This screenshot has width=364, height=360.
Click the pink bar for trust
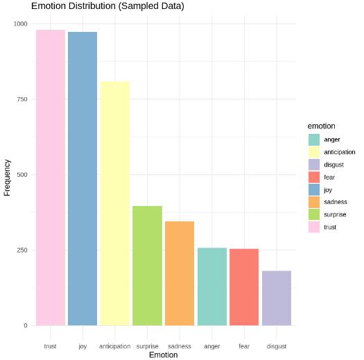click(50, 178)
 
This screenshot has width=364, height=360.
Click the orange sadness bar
click(180, 273)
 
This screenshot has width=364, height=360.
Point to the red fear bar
click(244, 287)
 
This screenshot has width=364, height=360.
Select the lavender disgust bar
click(277, 298)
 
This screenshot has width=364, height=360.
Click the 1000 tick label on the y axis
click(19, 24)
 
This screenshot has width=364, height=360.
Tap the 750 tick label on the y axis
click(21, 99)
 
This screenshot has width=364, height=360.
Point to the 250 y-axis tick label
click(21, 250)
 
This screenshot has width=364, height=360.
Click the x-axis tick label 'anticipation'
click(115, 345)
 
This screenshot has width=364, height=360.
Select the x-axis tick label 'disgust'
click(277, 345)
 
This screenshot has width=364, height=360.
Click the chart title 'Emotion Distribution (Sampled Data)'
click(107, 6)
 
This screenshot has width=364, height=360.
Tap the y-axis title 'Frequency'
click(7, 178)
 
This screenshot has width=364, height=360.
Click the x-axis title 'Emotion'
click(163, 355)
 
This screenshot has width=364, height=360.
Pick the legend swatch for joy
click(314, 189)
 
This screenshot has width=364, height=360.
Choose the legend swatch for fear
click(314, 177)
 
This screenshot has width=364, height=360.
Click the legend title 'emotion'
click(322, 126)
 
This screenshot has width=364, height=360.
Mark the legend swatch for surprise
click(314, 214)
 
